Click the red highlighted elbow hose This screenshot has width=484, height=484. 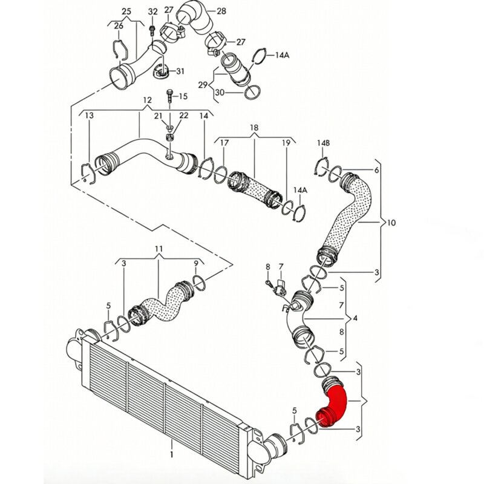(336, 404)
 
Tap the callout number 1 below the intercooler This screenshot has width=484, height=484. (172, 454)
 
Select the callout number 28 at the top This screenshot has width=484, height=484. (221, 11)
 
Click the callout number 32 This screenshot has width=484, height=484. (153, 11)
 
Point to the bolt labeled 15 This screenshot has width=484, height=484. (170, 96)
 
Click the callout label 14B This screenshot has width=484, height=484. (323, 143)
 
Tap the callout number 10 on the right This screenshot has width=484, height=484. (391, 222)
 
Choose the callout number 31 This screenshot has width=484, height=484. (180, 71)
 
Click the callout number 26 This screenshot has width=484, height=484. (119, 25)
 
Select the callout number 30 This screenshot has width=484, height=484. (220, 92)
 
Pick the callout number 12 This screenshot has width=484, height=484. (147, 100)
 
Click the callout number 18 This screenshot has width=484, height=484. (254, 128)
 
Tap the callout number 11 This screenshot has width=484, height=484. (159, 249)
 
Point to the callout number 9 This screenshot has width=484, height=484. (195, 263)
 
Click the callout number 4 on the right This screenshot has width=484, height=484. (355, 318)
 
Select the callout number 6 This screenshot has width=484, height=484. (376, 170)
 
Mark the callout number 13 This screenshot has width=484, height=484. (89, 116)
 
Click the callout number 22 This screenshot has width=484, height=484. (184, 116)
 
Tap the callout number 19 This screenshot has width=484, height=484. (286, 143)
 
